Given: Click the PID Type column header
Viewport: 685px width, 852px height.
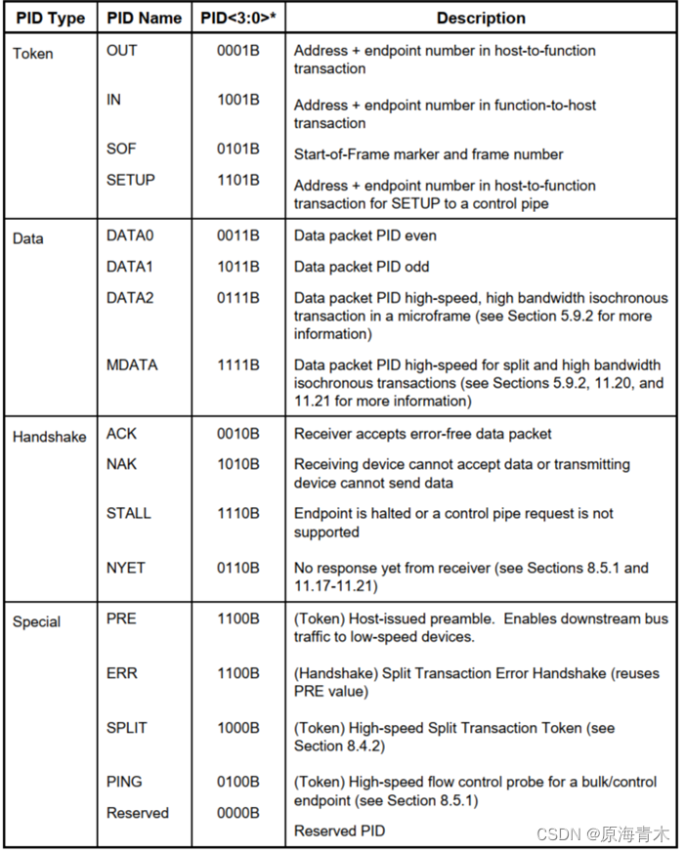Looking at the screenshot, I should pos(50,18).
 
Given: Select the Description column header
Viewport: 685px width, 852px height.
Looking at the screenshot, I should pos(480,18).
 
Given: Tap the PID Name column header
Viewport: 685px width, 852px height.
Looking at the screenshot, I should pos(145,18).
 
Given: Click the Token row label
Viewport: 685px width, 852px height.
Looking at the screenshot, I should pos(32,53).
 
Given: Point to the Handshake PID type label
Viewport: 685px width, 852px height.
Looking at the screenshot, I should pos(50,437).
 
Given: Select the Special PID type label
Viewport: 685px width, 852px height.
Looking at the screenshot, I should pos(36,621).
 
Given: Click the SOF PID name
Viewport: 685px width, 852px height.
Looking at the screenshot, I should pos(121,149).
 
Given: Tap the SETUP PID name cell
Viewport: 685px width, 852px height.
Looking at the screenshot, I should pos(130,180).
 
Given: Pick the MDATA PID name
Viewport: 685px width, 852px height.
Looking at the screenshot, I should pos(132,364).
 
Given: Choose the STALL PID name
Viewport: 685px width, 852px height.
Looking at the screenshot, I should pos(128,512).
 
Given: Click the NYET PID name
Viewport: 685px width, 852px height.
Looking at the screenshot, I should pos(126,567).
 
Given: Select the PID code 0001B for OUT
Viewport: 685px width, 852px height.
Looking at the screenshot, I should pos(237,50).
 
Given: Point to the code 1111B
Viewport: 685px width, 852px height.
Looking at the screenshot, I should pos(237,364).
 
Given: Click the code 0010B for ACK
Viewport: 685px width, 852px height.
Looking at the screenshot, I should pos(237,433).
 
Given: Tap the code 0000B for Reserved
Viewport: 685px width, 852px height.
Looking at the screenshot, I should pos(237,813).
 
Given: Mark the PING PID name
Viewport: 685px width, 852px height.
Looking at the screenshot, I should pos(124,782).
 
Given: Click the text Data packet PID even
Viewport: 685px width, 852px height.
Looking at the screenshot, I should pos(365,235).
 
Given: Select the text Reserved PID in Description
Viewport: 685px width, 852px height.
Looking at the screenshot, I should pos(339,831).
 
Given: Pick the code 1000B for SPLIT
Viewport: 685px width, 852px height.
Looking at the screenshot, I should pos(237,727).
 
